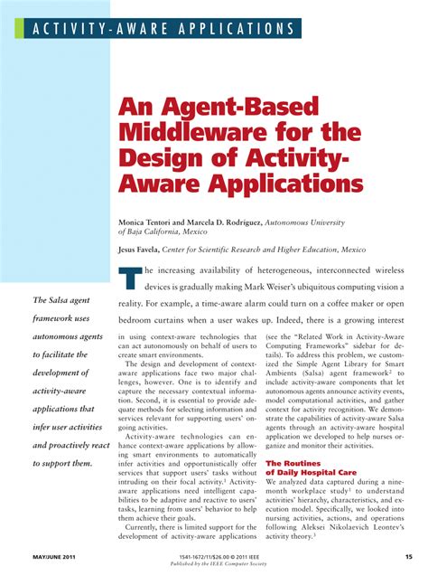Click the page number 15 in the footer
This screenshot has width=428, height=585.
[x=409, y=556]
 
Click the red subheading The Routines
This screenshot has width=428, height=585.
[x=292, y=463]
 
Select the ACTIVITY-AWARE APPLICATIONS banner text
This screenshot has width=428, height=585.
[x=158, y=28]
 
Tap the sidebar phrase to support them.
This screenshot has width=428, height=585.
[x=62, y=464]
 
